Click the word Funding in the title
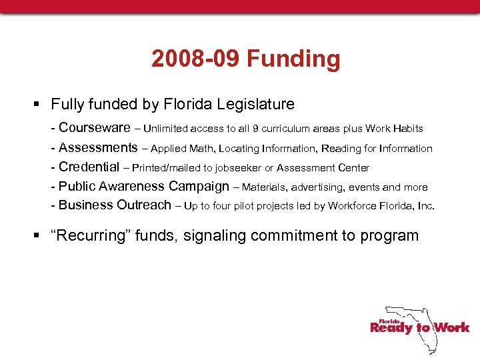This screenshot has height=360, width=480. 293,59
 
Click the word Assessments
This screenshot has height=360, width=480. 98,147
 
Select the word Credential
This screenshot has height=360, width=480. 89,167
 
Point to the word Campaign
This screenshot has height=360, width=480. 199,187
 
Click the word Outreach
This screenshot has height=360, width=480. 144,205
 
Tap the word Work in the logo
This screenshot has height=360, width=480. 452,327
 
